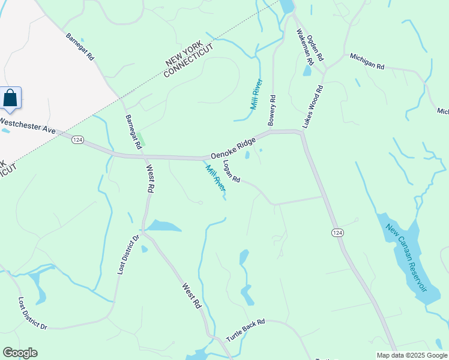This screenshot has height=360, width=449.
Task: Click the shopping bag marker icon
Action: (10, 98)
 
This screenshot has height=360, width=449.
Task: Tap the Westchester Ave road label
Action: (28, 125)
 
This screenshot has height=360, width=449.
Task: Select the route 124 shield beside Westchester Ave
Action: (77, 139)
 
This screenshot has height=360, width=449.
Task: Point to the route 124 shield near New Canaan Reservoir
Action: (337, 232)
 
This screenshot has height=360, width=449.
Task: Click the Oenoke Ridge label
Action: (233, 146)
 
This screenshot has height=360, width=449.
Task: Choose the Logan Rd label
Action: (231, 171)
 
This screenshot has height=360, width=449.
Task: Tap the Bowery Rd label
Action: (272, 110)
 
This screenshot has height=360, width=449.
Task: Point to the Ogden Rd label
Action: (316, 48)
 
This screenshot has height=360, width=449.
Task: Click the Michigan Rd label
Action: (367, 63)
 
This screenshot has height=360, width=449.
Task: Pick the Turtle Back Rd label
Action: (245, 331)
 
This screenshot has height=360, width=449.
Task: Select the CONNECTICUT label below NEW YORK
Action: (188, 64)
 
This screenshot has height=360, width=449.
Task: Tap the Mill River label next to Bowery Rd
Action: (256, 94)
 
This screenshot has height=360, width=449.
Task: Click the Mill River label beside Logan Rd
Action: (216, 178)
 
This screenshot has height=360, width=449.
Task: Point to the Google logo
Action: (20, 353)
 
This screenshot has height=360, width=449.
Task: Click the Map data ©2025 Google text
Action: (411, 355)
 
